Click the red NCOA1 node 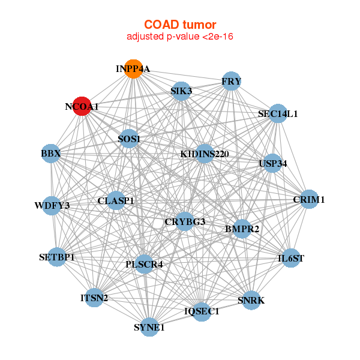click(82, 106)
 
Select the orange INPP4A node click(134, 69)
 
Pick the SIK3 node click(181, 91)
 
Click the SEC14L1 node click(277, 113)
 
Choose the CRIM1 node click(308, 199)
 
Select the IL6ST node click(291, 259)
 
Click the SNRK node click(251, 299)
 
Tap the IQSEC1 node click(202, 311)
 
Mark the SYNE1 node click(149, 327)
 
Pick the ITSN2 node click(94, 298)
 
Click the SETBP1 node click(57, 257)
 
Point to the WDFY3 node click(52, 206)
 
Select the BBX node click(51, 153)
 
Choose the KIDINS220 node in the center click(205, 154)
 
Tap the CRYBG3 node click(185, 221)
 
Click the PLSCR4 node click(144, 263)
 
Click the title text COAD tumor click(179, 25)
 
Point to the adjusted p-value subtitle click(179, 37)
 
